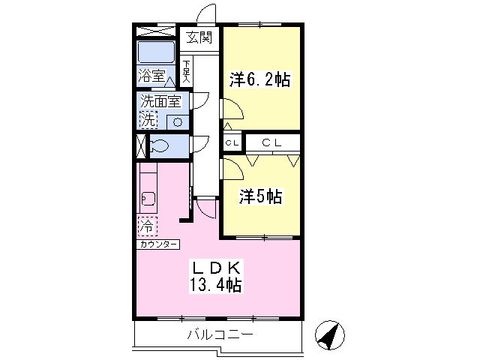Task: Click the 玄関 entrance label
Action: tap(199, 38)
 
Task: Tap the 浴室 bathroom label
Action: tap(151, 75)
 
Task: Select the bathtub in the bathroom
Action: tap(156, 52)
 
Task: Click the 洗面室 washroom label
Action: tap(160, 101)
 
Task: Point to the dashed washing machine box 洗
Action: tap(148, 120)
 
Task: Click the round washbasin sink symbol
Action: tap(178, 122)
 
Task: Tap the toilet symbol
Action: tap(158, 145)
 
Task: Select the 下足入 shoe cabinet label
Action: tap(186, 72)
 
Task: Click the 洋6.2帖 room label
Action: tap(260, 79)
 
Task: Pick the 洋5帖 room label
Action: tap(260, 196)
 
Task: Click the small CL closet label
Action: tap(232, 143)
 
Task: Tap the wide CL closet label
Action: tap(271, 142)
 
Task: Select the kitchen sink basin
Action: tap(148, 199)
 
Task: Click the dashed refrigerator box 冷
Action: tap(148, 226)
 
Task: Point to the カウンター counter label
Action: tap(158, 244)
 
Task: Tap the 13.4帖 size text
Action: tap(215, 285)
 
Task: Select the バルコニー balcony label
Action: tap(220, 334)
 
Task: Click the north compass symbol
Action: tap(330, 335)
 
